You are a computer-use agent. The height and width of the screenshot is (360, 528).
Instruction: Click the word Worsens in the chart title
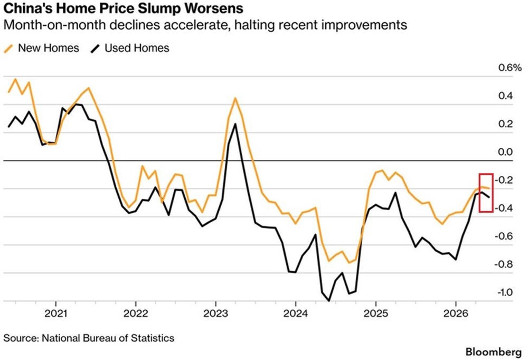[213, 8]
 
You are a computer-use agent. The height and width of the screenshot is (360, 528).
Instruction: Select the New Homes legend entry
[41, 48]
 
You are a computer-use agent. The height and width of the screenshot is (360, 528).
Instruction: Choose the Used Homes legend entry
[130, 48]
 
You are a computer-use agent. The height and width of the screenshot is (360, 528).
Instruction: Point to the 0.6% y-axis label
[510, 68]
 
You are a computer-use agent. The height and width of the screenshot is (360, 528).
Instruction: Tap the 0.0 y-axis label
[505, 152]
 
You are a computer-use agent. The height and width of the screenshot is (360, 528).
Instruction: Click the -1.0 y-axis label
[504, 292]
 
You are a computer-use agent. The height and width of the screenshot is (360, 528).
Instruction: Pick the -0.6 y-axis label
[504, 236]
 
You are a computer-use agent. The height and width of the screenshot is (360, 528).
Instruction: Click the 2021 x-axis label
[56, 314]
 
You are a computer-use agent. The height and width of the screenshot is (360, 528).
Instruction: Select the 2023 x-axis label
[215, 314]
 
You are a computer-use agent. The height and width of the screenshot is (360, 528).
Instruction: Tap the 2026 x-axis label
[456, 314]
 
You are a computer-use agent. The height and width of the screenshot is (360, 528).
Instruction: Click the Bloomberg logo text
[494, 352]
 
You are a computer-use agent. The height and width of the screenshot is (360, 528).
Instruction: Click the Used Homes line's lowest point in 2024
[329, 300]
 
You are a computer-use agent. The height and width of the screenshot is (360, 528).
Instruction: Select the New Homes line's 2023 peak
[235, 98]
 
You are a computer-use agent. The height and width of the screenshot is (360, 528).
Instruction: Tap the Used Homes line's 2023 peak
[235, 124]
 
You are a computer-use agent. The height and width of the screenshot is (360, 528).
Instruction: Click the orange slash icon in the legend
[8, 49]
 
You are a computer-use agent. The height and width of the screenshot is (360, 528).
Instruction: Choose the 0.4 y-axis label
[505, 96]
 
